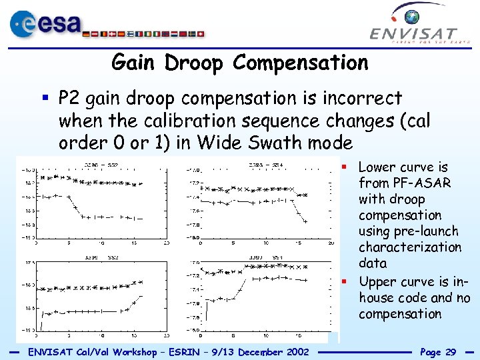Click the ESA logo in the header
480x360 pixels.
coord(43,25)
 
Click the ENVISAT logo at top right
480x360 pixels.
coord(414,27)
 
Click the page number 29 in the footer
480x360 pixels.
coord(450,351)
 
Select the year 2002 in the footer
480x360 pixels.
coord(295,351)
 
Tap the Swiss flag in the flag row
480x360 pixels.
coord(201,33)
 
